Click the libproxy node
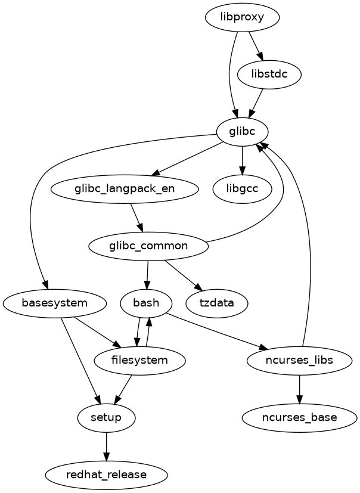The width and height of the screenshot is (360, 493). click(x=242, y=18)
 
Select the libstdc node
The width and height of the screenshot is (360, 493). click(x=269, y=75)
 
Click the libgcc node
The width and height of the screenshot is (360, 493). click(x=242, y=188)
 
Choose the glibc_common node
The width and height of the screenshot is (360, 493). click(x=148, y=246)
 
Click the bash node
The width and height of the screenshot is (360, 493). click(x=146, y=303)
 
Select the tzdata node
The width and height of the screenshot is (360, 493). click(x=216, y=303)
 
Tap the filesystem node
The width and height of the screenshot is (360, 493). click(x=140, y=360)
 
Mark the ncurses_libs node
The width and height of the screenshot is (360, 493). click(x=299, y=360)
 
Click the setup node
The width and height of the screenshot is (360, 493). click(x=106, y=417)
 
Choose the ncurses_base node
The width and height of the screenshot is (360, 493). click(x=299, y=417)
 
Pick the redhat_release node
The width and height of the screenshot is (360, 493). click(x=106, y=475)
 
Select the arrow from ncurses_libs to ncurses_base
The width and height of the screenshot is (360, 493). click(x=299, y=389)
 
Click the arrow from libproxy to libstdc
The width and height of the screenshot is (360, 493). click(x=255, y=46)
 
